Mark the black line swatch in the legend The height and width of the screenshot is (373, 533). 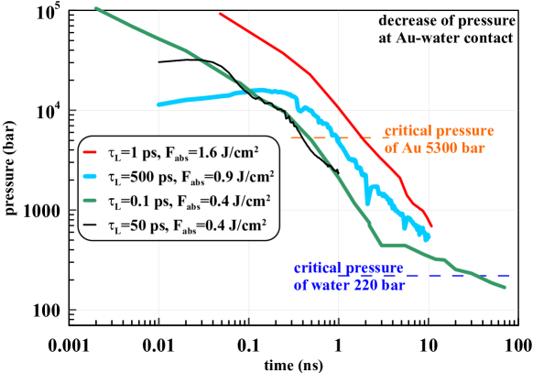tap(91, 223)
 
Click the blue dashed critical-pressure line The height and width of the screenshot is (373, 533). tap(458, 274)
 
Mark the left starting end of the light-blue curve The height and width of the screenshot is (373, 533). tap(158, 104)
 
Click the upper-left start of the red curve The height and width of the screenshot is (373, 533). tap(221, 14)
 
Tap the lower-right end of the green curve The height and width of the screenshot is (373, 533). tap(505, 288)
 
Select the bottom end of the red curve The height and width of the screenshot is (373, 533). tap(431, 228)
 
